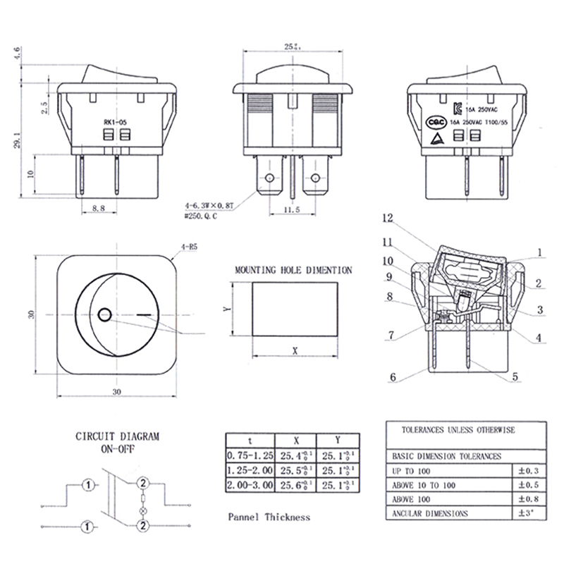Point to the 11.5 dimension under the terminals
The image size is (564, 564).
[x=293, y=209]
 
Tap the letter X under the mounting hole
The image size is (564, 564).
[x=294, y=350]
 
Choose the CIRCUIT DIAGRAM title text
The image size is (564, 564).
[x=118, y=436]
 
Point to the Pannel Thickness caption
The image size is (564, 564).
[x=269, y=517]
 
